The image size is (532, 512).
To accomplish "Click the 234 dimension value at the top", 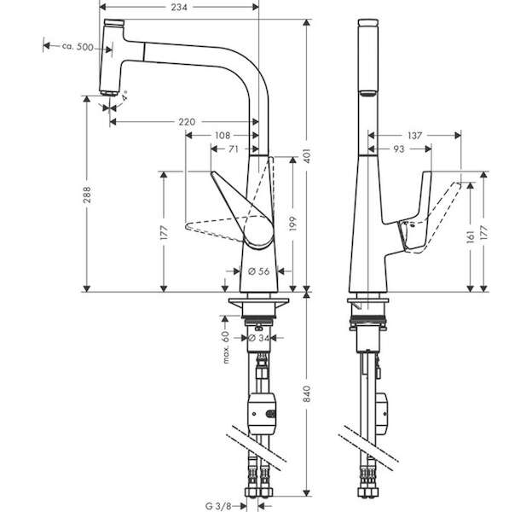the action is (x=179, y=7).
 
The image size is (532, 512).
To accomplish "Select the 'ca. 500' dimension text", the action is (x=78, y=47).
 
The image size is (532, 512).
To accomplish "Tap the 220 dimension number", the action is (x=187, y=122).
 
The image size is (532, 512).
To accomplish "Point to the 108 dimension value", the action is (x=223, y=136).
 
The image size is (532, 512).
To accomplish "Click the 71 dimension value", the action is (x=234, y=148).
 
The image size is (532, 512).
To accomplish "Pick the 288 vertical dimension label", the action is (x=87, y=195).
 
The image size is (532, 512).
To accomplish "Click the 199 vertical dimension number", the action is (x=293, y=223).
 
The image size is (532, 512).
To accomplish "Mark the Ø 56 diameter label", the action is (x=258, y=271).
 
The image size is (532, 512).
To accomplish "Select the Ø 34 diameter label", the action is (x=258, y=338).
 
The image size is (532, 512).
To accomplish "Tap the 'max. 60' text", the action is (x=226, y=347).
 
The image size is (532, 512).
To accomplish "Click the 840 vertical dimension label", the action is (x=307, y=394).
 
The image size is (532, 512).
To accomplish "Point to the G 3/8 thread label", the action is (x=218, y=506).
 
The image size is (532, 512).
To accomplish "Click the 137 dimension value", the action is (x=414, y=136).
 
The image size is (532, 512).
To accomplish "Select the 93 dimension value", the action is (x=399, y=148).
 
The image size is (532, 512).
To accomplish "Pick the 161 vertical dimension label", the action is (x=471, y=236).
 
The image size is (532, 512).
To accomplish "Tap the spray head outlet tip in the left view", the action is (x=108, y=93).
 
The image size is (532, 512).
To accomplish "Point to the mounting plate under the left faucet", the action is (x=259, y=302).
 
